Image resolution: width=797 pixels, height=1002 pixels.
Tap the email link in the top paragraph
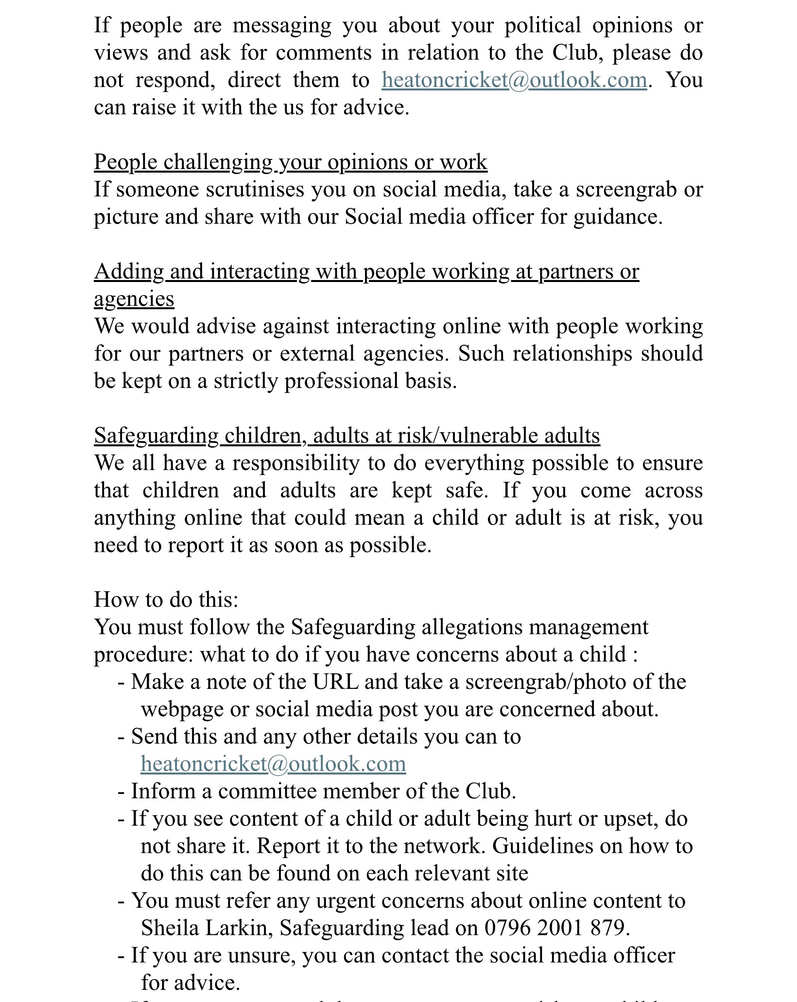[x=514, y=80]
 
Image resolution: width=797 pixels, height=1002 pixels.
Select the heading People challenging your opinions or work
[x=290, y=162]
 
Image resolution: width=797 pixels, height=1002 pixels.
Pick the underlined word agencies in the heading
[x=134, y=299]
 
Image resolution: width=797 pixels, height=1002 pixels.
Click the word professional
[x=341, y=381]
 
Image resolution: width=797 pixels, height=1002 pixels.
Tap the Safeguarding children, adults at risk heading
[x=347, y=436]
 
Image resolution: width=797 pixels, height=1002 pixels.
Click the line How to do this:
[x=166, y=599]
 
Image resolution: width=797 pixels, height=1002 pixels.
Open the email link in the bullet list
[x=273, y=764]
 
